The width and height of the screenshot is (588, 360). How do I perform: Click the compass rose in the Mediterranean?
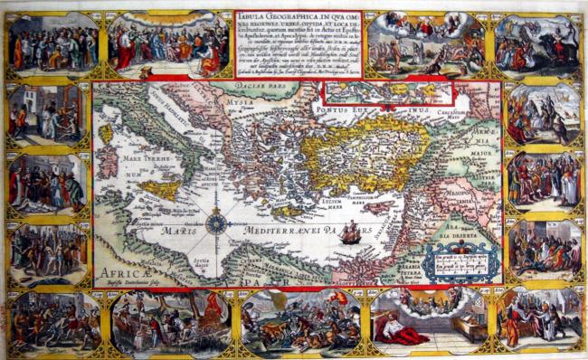tap(216, 223)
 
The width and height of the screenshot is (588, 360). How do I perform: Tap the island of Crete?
tap(290, 211)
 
